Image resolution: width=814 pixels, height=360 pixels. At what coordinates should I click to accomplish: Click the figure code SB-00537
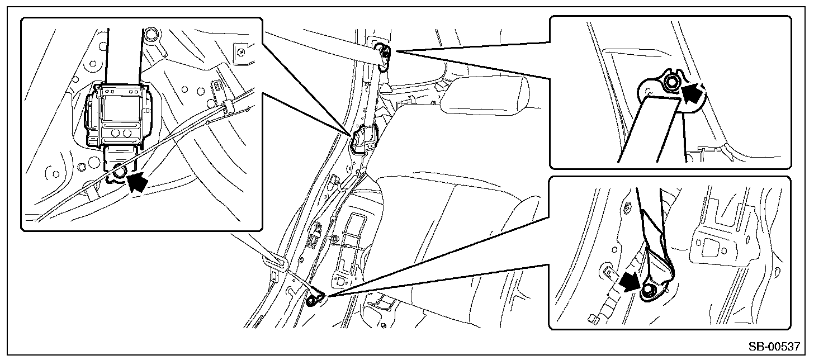coord(774,346)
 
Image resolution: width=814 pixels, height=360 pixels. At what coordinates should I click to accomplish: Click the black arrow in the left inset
coord(139,181)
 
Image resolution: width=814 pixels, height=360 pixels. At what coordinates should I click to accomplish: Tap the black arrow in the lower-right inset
coord(628,282)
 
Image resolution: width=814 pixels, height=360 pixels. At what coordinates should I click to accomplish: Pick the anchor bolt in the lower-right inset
coord(647,290)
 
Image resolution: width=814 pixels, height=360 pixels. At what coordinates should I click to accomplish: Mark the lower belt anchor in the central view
coord(315,298)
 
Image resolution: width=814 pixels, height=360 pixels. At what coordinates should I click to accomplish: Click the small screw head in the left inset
coord(242,51)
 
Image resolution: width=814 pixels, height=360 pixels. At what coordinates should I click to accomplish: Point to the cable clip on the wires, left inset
coord(227,106)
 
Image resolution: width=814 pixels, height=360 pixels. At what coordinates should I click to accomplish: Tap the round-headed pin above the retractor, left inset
coord(150,35)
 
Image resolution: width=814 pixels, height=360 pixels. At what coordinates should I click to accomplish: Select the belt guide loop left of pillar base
coord(275,262)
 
